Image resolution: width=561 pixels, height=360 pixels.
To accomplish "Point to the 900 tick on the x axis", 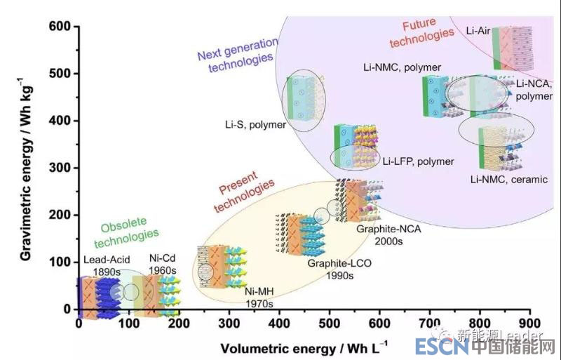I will click(x=530, y=324).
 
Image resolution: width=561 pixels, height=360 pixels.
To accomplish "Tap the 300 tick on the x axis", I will click(x=229, y=324).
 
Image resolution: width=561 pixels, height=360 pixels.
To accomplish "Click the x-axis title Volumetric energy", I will click(x=303, y=348).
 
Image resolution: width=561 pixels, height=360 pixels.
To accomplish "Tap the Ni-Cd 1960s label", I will click(x=162, y=264).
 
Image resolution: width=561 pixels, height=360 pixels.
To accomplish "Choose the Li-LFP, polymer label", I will click(x=418, y=161).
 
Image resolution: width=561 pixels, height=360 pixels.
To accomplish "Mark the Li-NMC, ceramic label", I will click(x=509, y=180).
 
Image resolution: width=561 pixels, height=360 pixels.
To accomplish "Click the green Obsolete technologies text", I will click(x=129, y=234).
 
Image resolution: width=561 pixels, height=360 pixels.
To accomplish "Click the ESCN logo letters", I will click(x=437, y=347).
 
